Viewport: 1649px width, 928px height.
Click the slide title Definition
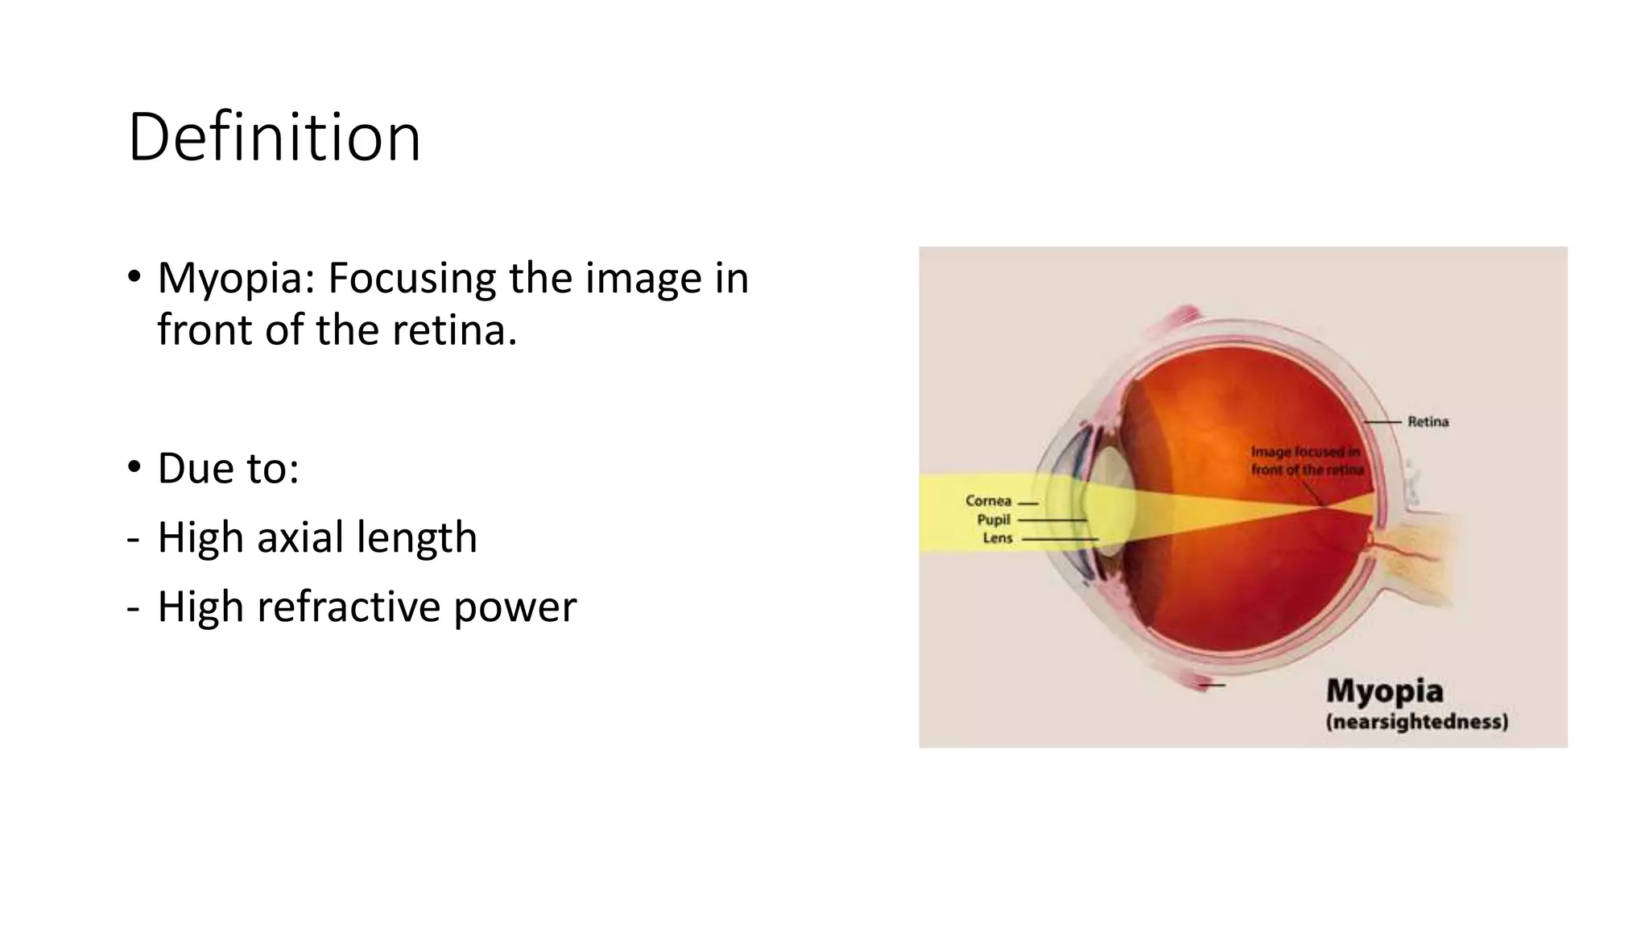(274, 138)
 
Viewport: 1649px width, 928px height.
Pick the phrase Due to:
(228, 468)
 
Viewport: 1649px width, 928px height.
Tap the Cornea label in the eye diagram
(988, 501)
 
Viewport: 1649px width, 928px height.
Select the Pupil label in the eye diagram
(994, 520)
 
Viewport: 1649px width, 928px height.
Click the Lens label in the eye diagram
(997, 538)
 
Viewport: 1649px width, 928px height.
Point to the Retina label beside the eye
(1428, 421)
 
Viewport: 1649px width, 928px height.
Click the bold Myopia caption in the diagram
(1384, 691)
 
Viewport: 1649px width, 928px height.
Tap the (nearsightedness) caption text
(1417, 721)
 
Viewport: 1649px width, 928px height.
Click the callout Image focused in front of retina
(1306, 461)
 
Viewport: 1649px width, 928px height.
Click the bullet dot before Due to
(134, 467)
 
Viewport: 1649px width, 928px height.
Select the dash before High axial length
(133, 539)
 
